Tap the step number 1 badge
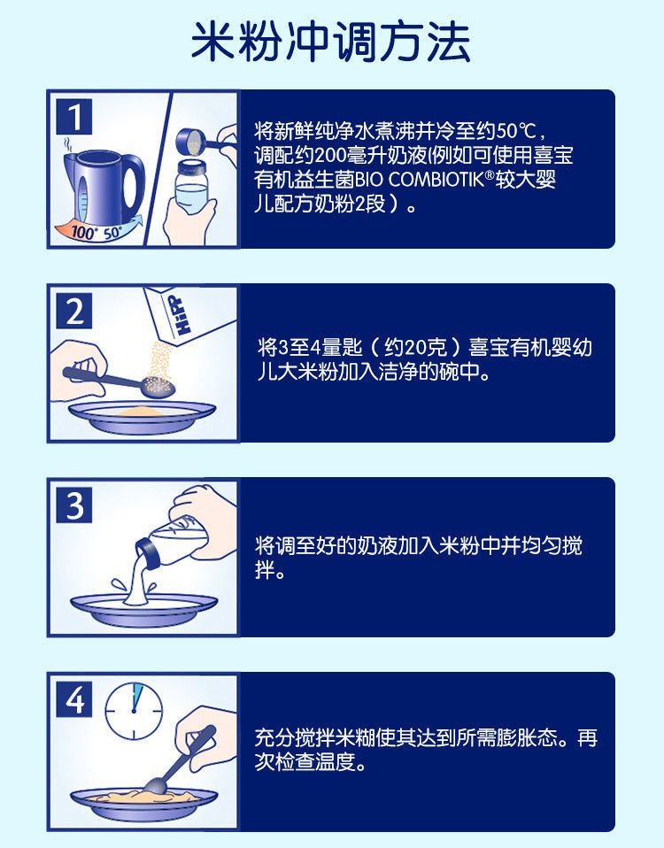[x=74, y=116]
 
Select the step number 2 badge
[x=74, y=311]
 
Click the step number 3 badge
[x=74, y=505]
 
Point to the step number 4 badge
[x=74, y=699]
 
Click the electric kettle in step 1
[x=104, y=187]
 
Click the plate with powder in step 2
[x=142, y=417]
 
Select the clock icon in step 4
[x=134, y=711]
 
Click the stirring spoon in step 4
[x=180, y=759]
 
